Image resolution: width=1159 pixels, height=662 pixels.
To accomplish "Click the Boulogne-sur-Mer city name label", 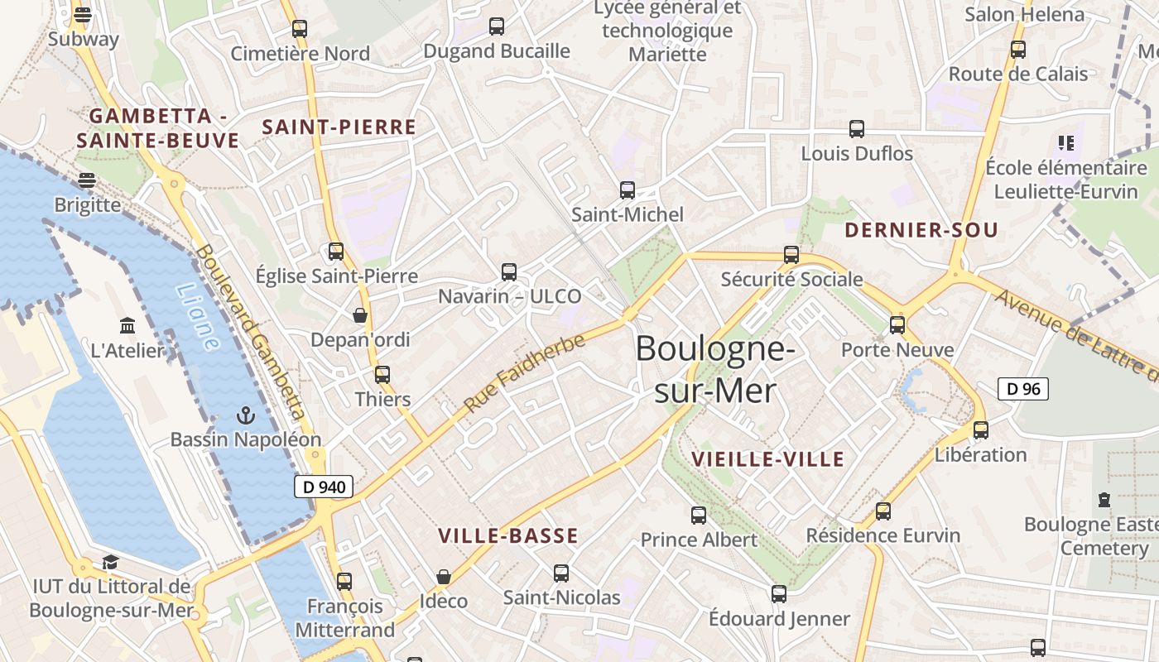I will tap(715, 369).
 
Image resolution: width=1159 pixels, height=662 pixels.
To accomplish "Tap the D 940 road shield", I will tap(325, 487).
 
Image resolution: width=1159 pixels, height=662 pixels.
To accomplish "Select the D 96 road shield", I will tap(1023, 389).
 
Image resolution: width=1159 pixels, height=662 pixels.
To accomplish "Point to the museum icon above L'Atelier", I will tap(127, 325).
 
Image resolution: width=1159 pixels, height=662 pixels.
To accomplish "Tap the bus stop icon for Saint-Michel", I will tap(628, 190).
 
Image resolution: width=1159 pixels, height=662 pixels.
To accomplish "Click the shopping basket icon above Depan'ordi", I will tap(360, 315).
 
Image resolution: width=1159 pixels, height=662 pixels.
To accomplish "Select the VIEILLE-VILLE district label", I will tap(767, 459).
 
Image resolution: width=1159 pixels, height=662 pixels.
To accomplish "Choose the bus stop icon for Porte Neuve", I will tap(897, 325).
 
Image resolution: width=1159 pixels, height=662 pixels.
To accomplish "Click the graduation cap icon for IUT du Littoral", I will tap(110, 563).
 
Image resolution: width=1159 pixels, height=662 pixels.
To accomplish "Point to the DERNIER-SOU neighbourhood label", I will tap(921, 231).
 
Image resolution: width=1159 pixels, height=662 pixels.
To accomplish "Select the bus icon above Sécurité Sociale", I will tap(791, 255).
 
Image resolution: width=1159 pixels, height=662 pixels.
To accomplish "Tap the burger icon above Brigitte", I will tap(87, 180).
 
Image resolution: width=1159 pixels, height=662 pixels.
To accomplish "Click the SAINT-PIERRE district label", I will tap(339, 127).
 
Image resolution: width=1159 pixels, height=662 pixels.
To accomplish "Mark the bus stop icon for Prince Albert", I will tap(699, 516).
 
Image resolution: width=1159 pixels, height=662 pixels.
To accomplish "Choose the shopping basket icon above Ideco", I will tap(444, 576).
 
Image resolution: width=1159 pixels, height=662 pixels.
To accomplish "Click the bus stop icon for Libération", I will tap(981, 430).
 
